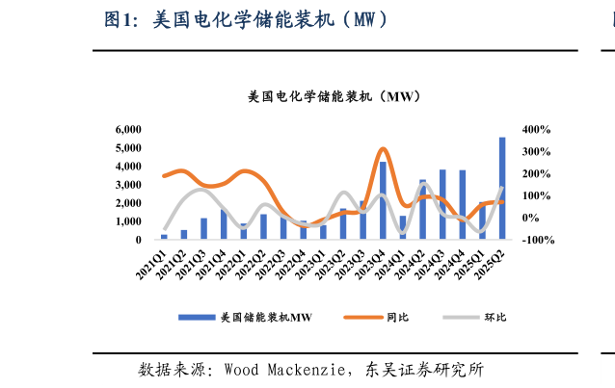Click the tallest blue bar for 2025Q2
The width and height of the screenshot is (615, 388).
502,189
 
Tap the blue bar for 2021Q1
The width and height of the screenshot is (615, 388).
164,236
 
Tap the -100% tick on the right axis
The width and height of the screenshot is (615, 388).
537,240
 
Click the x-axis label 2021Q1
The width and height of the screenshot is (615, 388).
152,263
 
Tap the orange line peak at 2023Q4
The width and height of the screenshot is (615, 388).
383,149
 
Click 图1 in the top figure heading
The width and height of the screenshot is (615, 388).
122,19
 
